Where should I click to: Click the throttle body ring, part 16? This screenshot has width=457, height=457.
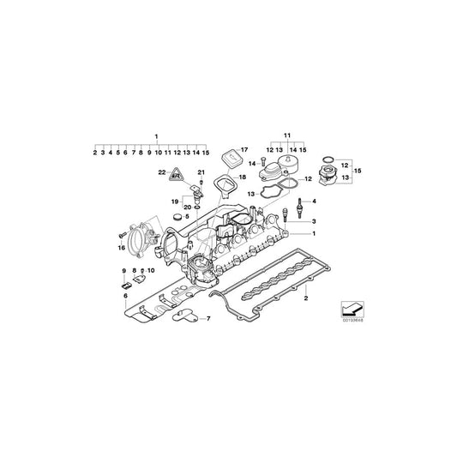point(141,233)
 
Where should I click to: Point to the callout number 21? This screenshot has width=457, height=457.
point(201,172)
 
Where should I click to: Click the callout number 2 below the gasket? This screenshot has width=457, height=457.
point(305,298)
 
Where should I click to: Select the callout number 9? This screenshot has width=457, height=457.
point(123,270)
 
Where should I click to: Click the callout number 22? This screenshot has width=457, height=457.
point(160,172)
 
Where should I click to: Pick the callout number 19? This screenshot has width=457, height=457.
point(173,201)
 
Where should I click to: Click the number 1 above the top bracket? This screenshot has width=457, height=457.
point(156,136)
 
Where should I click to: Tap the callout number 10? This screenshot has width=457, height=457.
point(152,270)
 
